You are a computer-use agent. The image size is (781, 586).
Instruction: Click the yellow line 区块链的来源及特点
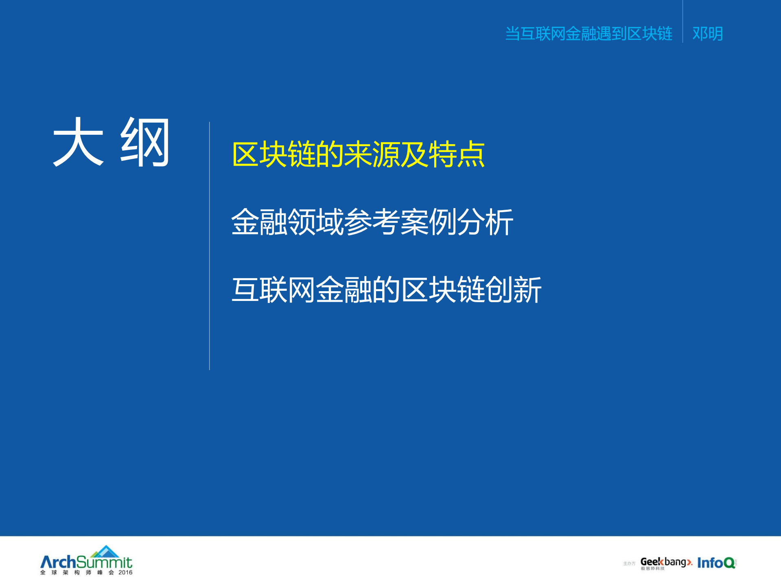[358, 155]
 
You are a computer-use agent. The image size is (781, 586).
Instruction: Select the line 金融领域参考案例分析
[372, 222]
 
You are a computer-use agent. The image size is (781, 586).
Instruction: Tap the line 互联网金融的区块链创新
[386, 290]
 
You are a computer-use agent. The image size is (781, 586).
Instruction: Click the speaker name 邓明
[707, 33]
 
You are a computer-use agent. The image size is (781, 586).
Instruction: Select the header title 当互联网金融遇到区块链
[588, 33]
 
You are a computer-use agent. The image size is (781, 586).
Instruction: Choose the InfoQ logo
[716, 563]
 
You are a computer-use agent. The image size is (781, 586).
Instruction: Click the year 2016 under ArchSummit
[125, 573]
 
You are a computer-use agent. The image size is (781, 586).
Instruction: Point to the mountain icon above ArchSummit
[105, 551]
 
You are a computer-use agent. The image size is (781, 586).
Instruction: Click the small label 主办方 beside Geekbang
[629, 564]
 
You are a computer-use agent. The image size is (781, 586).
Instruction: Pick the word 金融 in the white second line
[259, 222]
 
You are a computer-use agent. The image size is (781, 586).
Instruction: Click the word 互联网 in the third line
[273, 290]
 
